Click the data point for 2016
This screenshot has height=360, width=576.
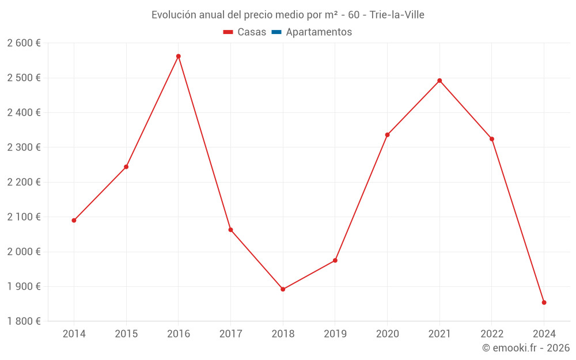tap(179, 56)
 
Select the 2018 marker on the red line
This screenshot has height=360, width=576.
tap(283, 289)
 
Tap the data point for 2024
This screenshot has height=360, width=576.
tap(544, 302)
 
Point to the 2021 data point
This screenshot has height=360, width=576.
tap(439, 81)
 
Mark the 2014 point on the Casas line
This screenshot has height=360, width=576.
tap(74, 220)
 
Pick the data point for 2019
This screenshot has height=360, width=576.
tap(335, 260)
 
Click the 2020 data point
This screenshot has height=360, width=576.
tap(387, 135)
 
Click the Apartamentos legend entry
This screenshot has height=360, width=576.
tap(319, 32)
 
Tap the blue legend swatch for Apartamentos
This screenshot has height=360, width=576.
tap(276, 32)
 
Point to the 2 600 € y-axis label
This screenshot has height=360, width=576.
tap(24, 43)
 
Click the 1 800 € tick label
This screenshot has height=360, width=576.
tap(24, 321)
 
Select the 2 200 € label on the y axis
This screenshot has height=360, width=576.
tap(24, 182)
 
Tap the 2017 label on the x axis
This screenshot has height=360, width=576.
tap(230, 334)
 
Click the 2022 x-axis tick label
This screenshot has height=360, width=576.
tap(491, 334)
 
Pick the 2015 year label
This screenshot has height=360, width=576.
tap(126, 334)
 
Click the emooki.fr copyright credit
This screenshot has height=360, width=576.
tap(526, 348)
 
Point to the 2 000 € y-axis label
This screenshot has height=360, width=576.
tap(24, 252)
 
